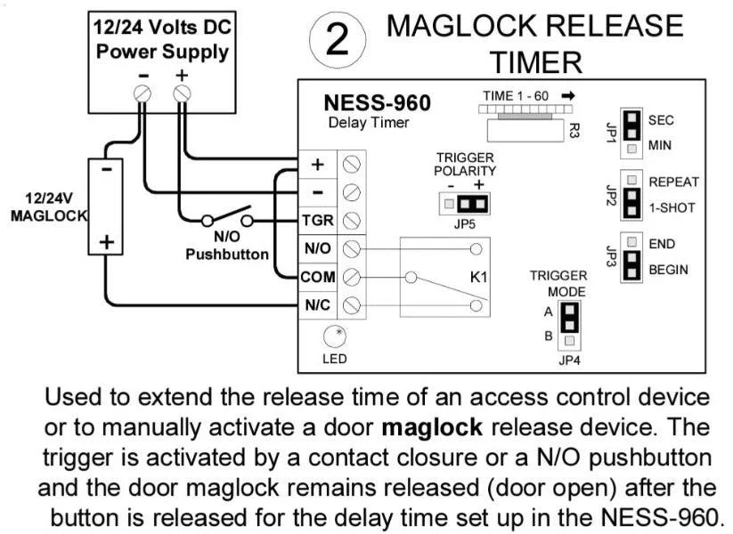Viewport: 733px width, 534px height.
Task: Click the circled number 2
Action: tap(338, 40)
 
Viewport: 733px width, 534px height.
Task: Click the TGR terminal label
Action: tap(317, 220)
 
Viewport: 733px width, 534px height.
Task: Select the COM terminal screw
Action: tap(352, 278)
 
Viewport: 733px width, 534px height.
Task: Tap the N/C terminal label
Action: tap(317, 305)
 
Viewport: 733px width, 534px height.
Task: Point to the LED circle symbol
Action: tap(335, 336)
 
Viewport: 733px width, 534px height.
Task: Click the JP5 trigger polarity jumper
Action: tap(464, 204)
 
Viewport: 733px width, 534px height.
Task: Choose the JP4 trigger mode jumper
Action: tap(569, 326)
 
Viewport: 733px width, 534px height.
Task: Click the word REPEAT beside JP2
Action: tap(673, 182)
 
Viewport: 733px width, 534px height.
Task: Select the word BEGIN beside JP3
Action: tap(668, 270)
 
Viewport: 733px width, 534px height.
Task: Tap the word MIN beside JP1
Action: tap(659, 145)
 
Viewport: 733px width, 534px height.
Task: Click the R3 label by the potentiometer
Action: tap(574, 131)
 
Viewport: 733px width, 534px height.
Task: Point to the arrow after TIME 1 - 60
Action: tap(568, 96)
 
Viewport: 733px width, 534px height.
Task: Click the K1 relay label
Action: tap(478, 277)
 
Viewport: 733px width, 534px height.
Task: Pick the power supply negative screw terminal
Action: tap(143, 94)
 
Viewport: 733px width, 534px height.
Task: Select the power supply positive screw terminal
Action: tap(182, 94)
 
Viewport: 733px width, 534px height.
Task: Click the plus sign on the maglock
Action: tap(107, 241)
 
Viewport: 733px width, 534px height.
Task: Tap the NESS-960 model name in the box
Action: tap(377, 102)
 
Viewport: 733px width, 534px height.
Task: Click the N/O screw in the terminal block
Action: tap(352, 249)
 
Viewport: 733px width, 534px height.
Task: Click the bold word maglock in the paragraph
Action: tap(432, 427)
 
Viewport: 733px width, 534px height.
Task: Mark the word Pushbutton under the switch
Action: tap(227, 255)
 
